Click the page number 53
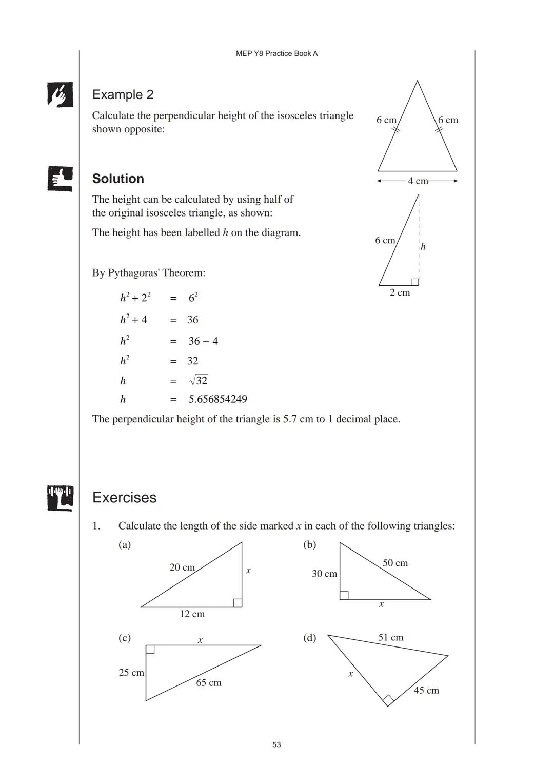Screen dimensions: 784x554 (x=276, y=744)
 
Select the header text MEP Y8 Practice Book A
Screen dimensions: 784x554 (x=276, y=53)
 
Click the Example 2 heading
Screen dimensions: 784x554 (x=123, y=94)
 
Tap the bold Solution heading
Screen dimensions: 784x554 (x=118, y=179)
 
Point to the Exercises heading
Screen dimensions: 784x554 (x=124, y=497)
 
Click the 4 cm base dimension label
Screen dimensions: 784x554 (x=418, y=181)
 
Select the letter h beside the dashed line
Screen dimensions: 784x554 (x=423, y=247)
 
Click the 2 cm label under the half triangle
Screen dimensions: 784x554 (x=400, y=292)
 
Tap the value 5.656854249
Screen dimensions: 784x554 (x=217, y=399)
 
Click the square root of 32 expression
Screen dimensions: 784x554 (x=199, y=380)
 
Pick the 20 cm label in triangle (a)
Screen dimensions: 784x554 (x=182, y=567)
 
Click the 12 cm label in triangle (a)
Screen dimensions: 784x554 (x=192, y=614)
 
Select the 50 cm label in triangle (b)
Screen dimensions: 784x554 (x=395, y=563)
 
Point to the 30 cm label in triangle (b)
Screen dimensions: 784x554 (x=324, y=574)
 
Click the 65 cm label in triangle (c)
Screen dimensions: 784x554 (x=209, y=682)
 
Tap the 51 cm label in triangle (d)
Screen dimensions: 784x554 (x=390, y=637)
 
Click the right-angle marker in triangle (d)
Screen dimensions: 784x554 (x=388, y=700)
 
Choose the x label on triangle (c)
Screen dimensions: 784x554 (x=200, y=640)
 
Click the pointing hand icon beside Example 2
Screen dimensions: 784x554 (x=60, y=94)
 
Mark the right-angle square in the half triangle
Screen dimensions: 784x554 (x=415, y=282)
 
